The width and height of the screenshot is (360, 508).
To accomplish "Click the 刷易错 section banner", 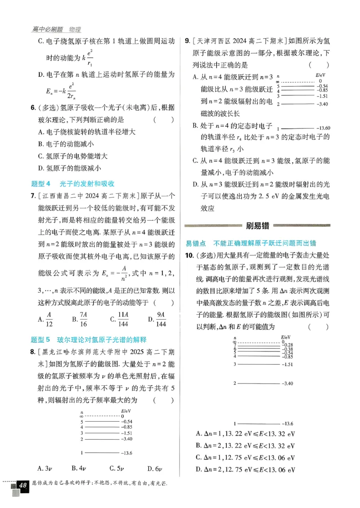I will click(259, 226).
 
